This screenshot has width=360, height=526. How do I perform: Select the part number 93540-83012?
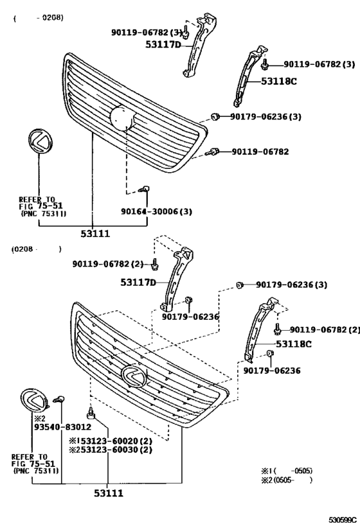62,426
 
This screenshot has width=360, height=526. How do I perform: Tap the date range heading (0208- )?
36,249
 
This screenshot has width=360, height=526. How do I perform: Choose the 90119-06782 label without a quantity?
260,152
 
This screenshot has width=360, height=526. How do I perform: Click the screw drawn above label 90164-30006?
145,189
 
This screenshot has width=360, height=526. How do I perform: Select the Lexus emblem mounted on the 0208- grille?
134,375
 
